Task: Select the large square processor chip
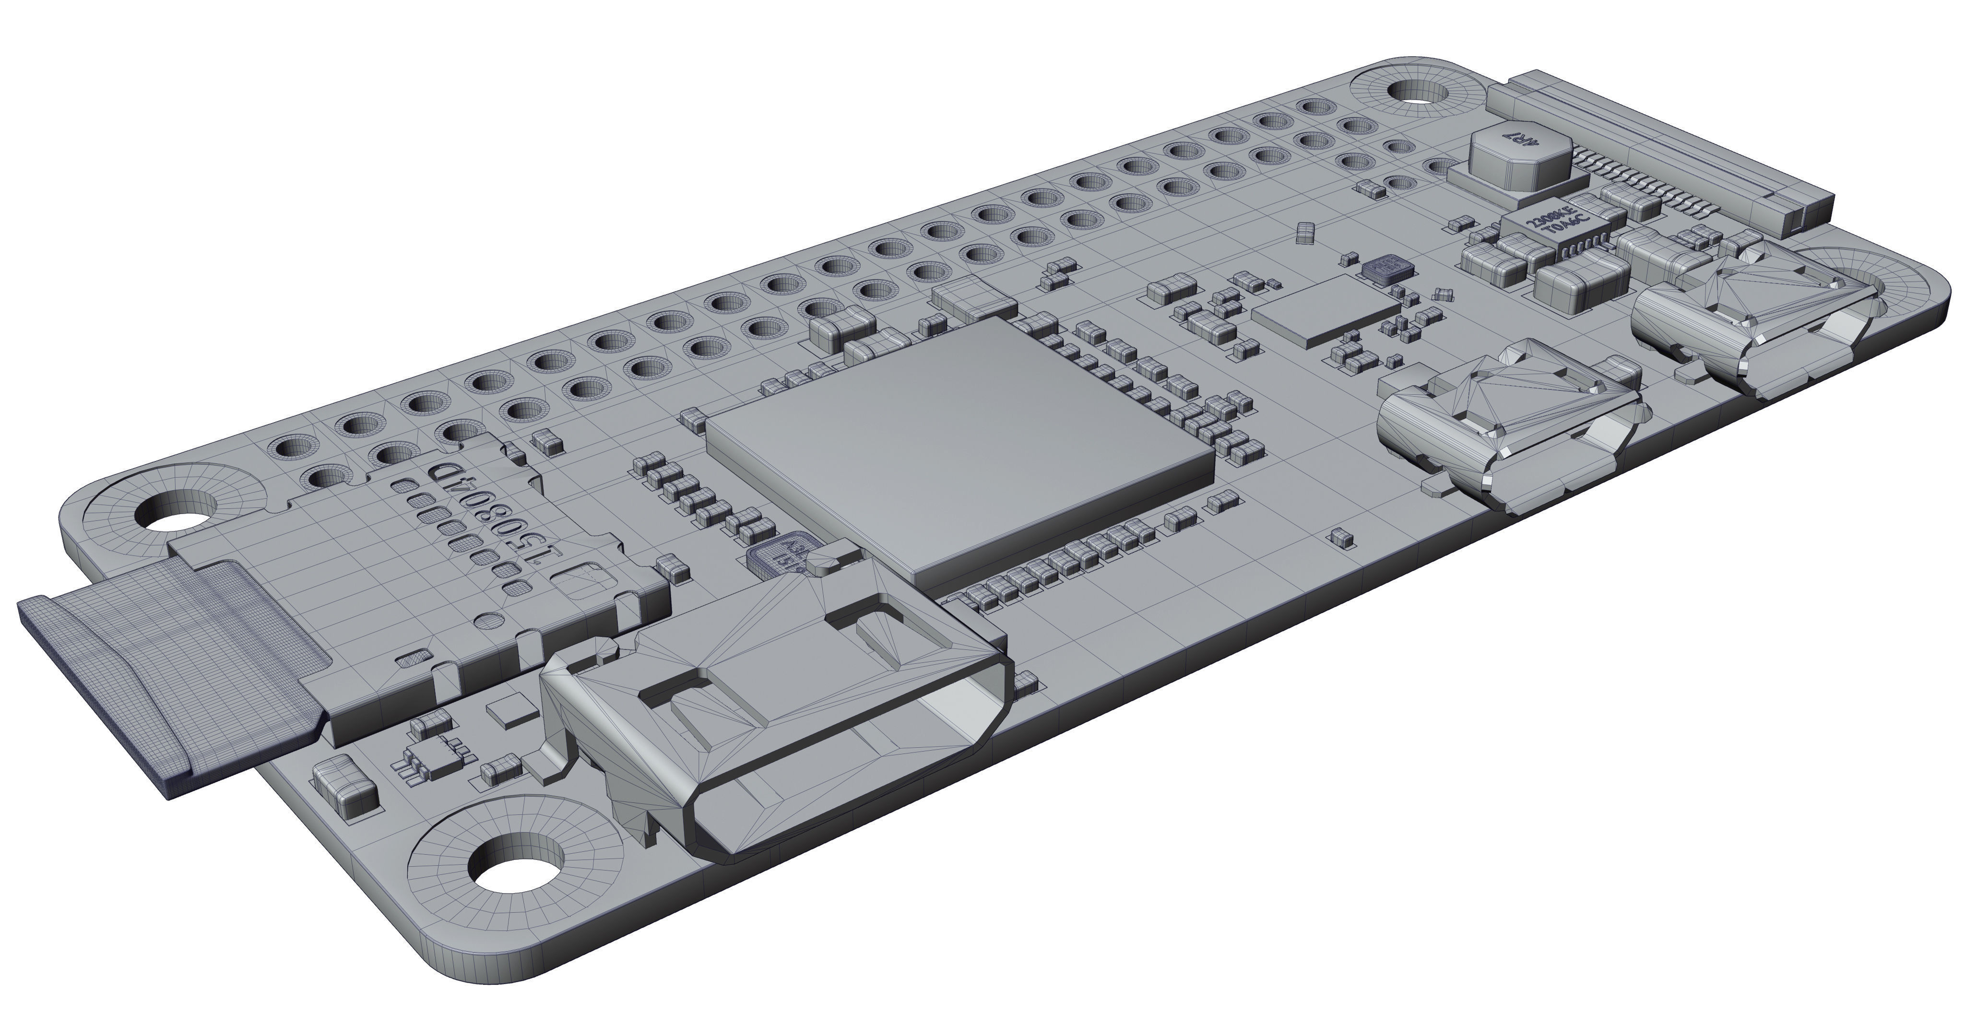point(958,450)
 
